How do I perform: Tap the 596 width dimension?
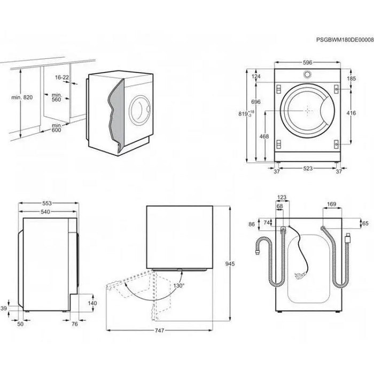click(307, 63)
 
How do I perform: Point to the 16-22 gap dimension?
click(62, 77)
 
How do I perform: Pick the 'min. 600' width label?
click(56, 128)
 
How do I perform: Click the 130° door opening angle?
click(178, 286)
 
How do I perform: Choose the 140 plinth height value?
click(92, 302)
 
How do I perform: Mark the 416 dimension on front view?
click(350, 113)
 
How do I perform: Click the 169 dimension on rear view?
click(331, 204)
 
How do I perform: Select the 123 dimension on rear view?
click(282, 198)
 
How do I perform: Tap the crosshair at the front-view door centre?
click(307, 111)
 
